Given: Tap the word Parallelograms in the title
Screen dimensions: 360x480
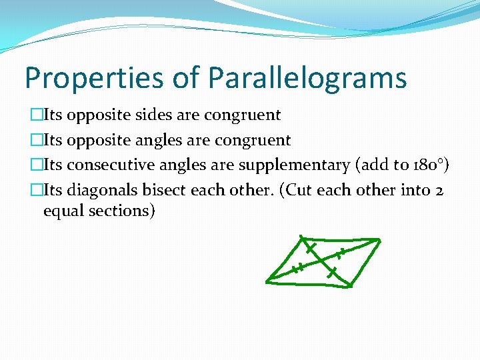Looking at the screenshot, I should click(x=307, y=77).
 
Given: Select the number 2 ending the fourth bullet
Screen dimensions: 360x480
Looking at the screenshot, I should click(x=439, y=191).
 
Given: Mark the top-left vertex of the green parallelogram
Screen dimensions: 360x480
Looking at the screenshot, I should click(x=301, y=237).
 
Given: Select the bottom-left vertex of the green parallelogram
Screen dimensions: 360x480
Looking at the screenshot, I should click(x=267, y=281).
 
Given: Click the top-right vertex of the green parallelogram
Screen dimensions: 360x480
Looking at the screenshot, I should click(x=380, y=240).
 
